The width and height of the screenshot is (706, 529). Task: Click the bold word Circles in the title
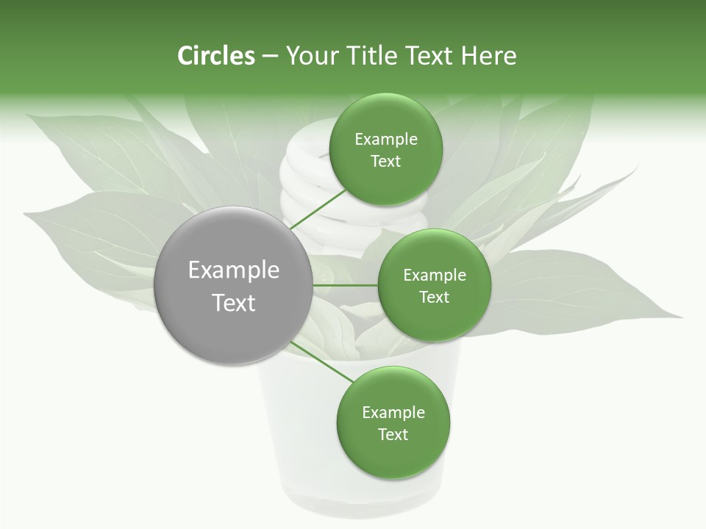coord(215,55)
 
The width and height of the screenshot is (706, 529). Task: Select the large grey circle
coord(233,285)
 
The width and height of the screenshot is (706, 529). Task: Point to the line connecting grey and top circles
coord(318,209)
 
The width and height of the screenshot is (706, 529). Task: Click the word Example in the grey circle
coord(233,270)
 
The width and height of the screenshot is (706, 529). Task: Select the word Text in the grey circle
coord(233,303)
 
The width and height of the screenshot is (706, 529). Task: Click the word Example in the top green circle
coord(385,140)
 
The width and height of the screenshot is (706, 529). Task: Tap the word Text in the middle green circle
coord(434,298)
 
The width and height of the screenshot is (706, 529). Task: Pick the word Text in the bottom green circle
coord(393,435)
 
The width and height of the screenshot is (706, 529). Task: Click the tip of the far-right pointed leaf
coord(680,317)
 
